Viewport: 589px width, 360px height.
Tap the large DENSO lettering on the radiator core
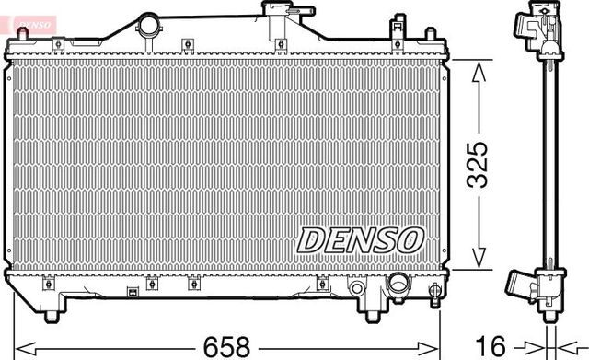coord(358,238)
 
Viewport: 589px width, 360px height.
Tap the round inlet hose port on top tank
coord(147,28)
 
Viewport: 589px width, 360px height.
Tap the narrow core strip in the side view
coord(549,166)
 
